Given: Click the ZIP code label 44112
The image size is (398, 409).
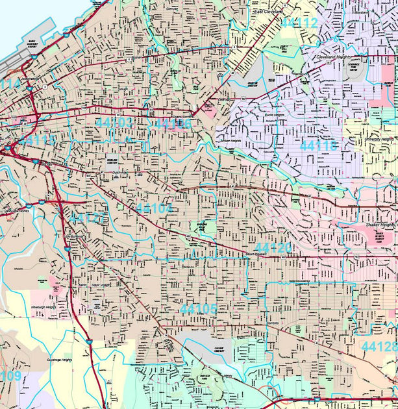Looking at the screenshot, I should (x=299, y=23).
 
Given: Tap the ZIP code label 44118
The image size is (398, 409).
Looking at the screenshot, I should (x=319, y=145).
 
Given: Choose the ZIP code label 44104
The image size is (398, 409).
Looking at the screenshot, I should (x=155, y=208).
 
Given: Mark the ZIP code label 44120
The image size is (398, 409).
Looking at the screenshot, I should (x=273, y=249).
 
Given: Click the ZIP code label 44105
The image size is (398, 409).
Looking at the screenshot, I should (x=199, y=308).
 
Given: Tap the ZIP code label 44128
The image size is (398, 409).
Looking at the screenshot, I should (x=380, y=345).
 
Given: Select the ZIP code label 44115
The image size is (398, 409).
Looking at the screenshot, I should (x=38, y=140).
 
